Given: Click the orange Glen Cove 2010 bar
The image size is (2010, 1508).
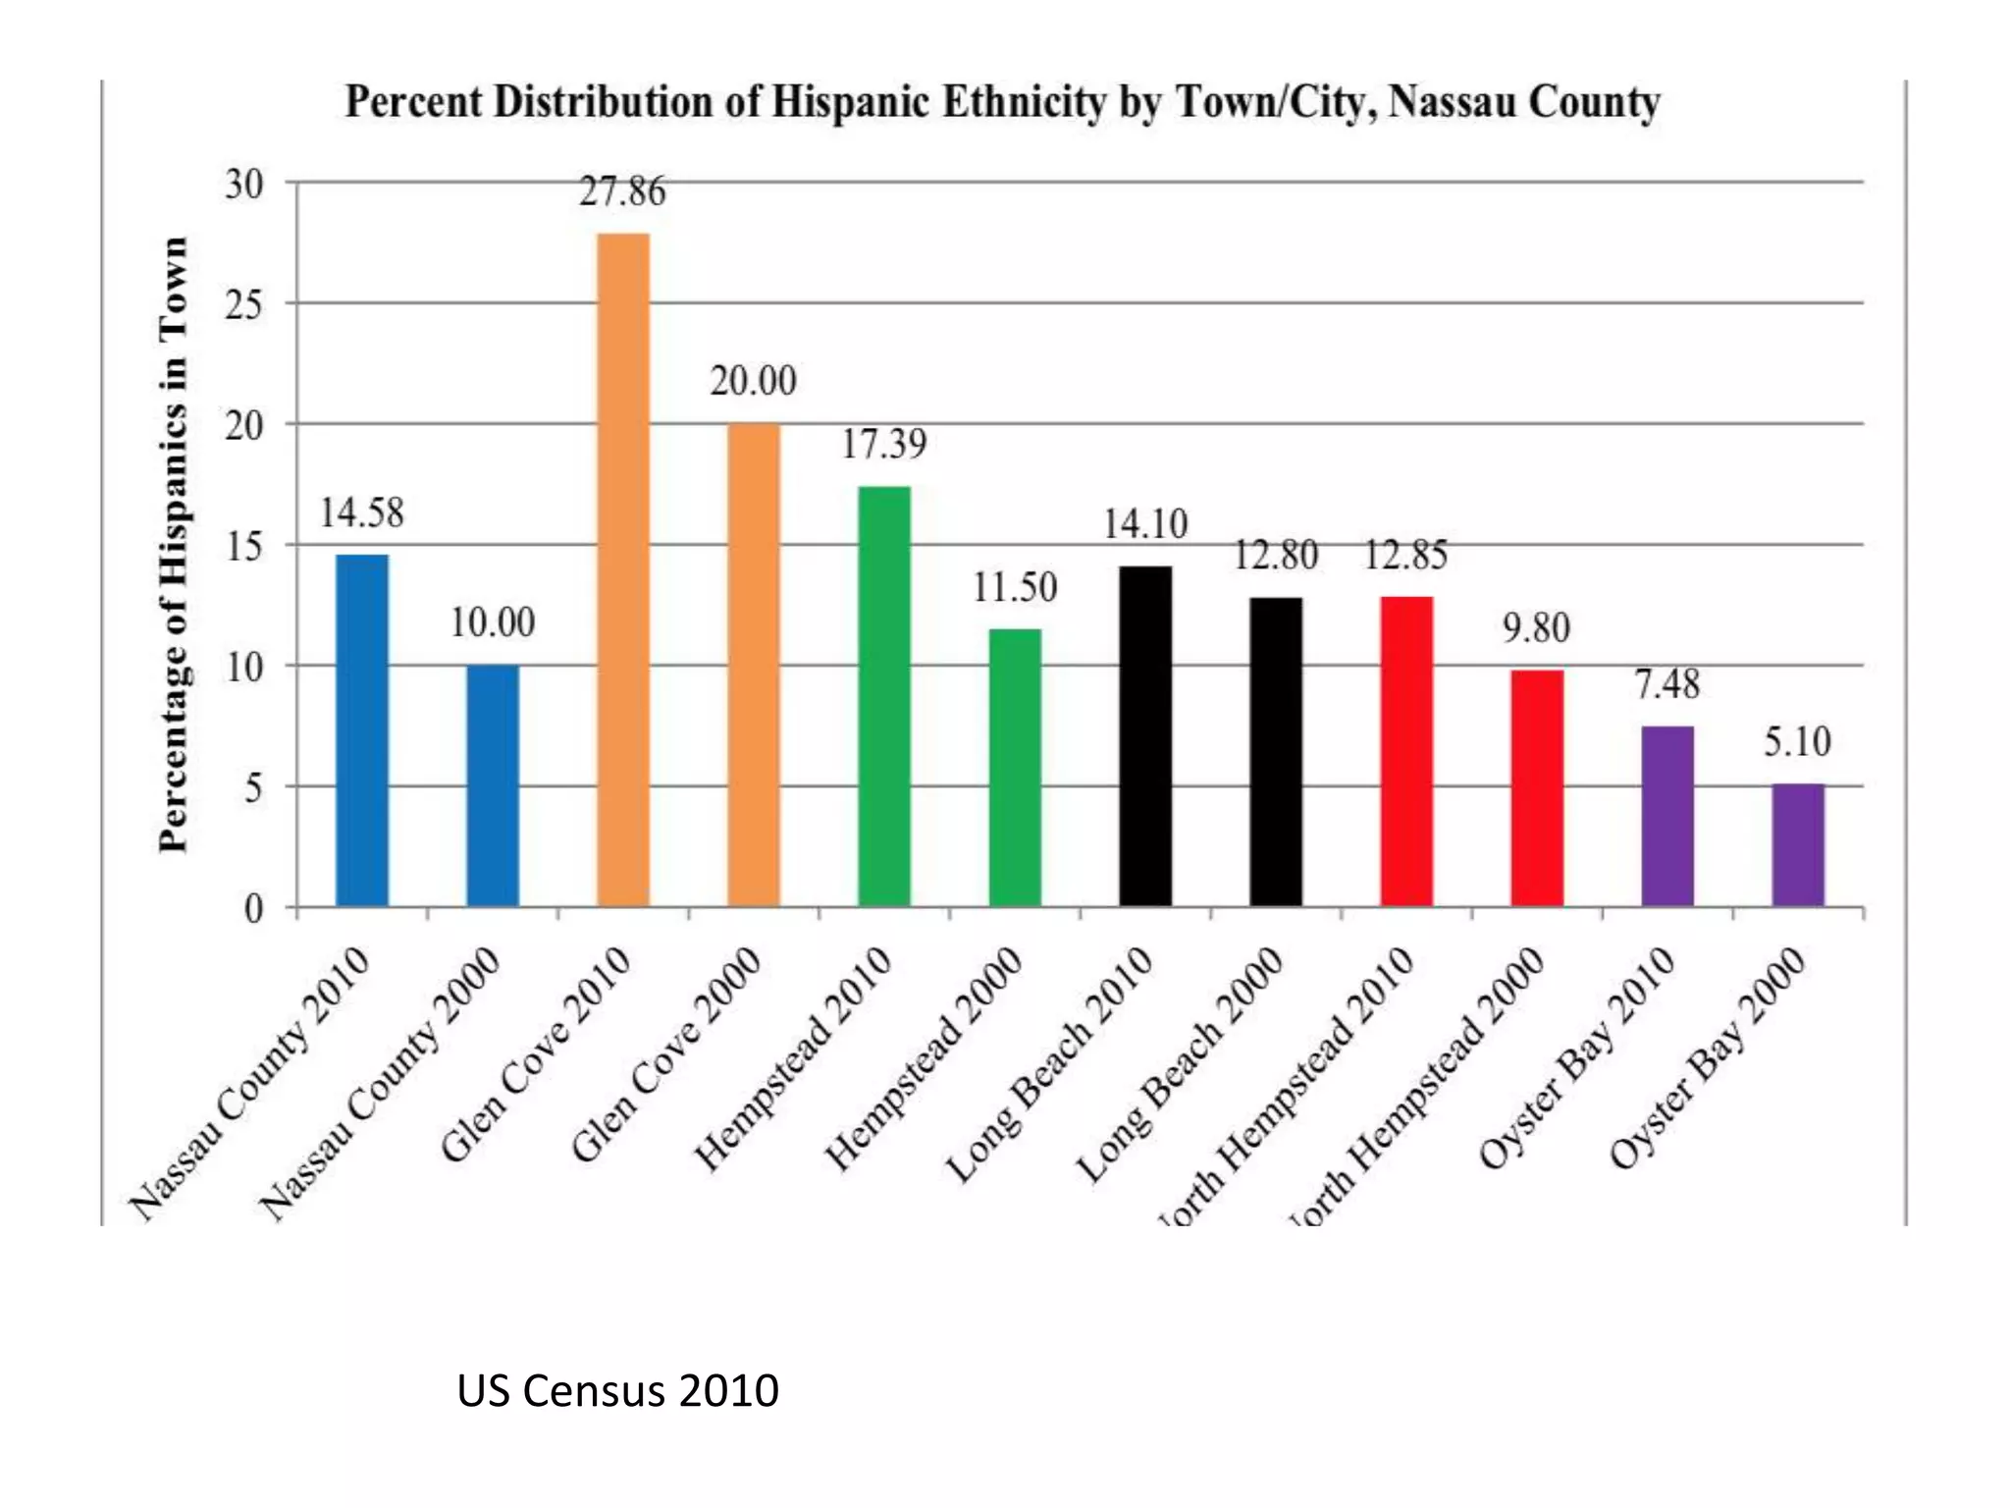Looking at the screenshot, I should coord(623,569).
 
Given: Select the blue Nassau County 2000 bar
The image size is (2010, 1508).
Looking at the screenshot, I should coord(493,785).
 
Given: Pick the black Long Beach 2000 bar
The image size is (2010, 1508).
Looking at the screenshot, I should coord(1276,751).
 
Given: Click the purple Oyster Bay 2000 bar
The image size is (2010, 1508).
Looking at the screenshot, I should coord(1798,844).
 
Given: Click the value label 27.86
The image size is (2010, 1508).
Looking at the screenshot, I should coord(622,191).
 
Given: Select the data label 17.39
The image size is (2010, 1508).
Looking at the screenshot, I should coord(883,445).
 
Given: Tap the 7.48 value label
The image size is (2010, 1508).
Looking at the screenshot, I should coord(1666,684).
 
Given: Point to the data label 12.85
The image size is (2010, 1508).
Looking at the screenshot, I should coord(1405,556).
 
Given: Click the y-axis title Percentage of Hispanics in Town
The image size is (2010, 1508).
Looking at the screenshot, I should coord(173,545).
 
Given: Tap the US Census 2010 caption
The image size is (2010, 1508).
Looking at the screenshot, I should coord(617,1390).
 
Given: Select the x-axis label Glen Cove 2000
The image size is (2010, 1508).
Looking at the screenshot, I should coord(667,1055).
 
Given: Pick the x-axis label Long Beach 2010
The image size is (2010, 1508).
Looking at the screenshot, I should coord(1050,1065).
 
